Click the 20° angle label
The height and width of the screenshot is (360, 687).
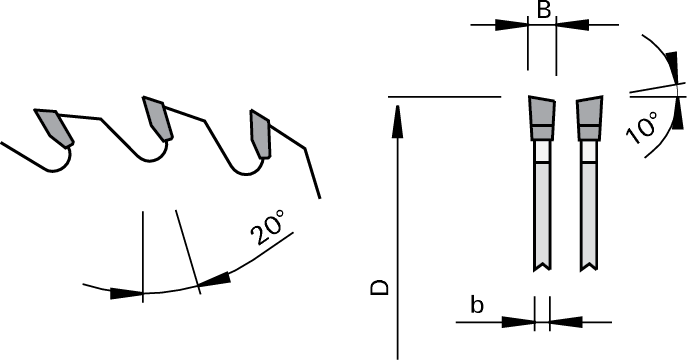268,232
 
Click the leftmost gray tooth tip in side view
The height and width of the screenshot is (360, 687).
51,125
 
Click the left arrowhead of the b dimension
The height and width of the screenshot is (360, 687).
519,322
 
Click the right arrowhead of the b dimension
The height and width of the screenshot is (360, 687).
565,322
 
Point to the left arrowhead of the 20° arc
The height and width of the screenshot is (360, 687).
125,294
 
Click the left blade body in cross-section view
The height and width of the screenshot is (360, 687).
541,210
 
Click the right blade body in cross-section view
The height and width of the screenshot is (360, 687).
587,210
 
